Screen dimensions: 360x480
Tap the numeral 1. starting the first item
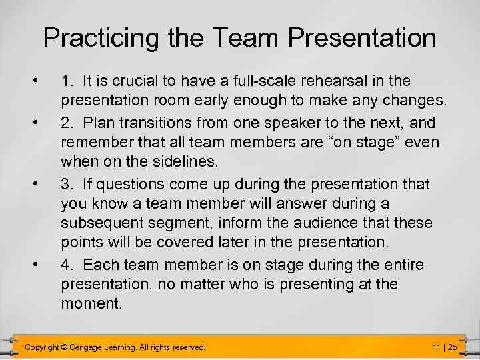(x=67, y=81)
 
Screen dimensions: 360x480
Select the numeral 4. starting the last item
(x=67, y=265)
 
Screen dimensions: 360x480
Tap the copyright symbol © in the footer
(x=64, y=347)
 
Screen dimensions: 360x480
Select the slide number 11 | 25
(x=444, y=347)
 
